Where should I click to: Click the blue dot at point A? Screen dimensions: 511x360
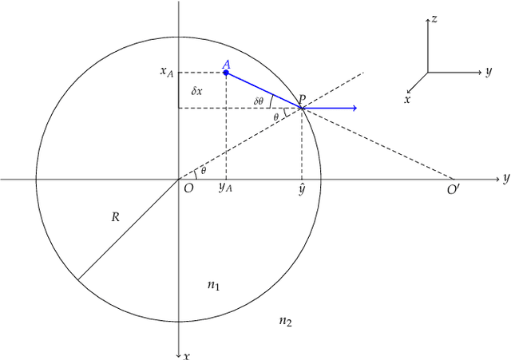coord(226,73)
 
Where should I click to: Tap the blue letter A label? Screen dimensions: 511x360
coord(226,64)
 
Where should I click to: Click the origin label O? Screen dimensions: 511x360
coord(188,188)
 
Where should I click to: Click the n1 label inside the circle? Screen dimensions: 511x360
coord(213,285)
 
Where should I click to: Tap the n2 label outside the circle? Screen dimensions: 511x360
coord(285,321)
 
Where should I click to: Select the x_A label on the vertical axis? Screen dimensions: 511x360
coord(167,72)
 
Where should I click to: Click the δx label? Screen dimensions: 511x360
coord(196,91)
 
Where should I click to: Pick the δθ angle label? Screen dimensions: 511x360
coord(259,101)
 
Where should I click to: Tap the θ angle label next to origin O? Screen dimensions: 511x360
coord(203,170)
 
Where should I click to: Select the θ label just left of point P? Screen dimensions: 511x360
coord(276,117)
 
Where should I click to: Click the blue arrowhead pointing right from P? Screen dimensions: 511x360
coord(353,108)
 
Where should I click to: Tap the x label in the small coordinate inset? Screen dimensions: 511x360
coord(407,101)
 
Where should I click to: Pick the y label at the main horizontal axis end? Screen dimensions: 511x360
coord(505,178)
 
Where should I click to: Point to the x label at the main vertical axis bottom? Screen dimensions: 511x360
coord(186,355)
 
